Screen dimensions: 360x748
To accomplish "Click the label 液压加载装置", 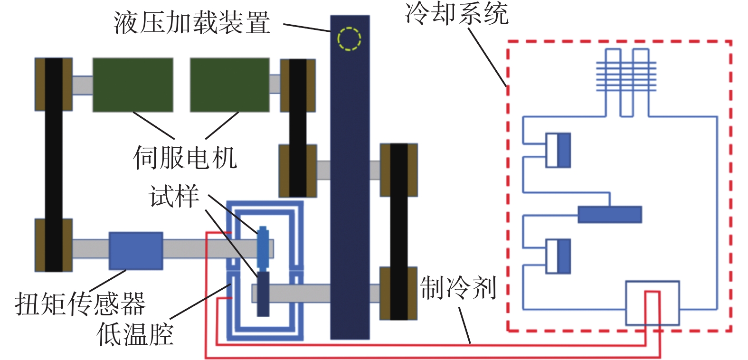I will pyautogui.click(x=192, y=22).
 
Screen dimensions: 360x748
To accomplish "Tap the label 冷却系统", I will pyautogui.click(x=457, y=13).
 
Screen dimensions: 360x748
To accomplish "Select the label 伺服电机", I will pyautogui.click(x=185, y=157).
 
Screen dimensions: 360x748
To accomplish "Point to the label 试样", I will pyautogui.click(x=174, y=196).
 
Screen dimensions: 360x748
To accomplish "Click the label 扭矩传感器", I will pyautogui.click(x=80, y=303).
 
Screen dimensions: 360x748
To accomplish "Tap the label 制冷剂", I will pyautogui.click(x=458, y=288).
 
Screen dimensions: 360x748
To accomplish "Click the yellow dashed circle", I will pyautogui.click(x=349, y=39).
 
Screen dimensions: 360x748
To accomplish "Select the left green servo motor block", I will pyautogui.click(x=133, y=85).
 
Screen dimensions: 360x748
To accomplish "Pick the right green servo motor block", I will pyautogui.click(x=230, y=85).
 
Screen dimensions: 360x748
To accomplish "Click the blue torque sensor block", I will pyautogui.click(x=136, y=250).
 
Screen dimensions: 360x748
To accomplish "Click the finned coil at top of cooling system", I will pyautogui.click(x=626, y=76).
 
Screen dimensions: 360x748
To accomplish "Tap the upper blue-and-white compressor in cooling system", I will pyautogui.click(x=558, y=150).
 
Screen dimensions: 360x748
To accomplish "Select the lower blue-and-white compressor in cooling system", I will pyautogui.click(x=558, y=256).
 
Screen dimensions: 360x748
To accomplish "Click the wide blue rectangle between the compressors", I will pyautogui.click(x=610, y=214).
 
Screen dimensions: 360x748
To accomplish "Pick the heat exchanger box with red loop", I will pyautogui.click(x=653, y=303).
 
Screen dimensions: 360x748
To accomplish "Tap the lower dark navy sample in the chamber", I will pyautogui.click(x=263, y=294).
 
